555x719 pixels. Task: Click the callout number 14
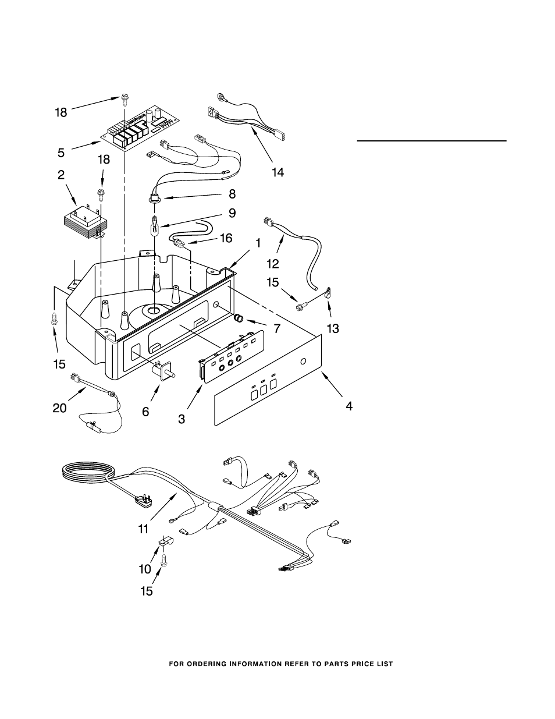(277, 172)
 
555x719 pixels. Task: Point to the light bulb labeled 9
(155, 226)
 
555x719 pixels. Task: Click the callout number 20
(59, 408)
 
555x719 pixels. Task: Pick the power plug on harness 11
(144, 501)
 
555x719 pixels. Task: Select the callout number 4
(349, 406)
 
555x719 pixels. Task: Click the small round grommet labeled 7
(239, 318)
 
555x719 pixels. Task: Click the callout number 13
(333, 328)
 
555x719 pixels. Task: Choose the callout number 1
(258, 243)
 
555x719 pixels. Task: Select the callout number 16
(226, 238)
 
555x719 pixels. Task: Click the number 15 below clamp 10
(147, 592)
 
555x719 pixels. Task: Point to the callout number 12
(273, 264)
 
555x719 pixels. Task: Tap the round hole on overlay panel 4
(303, 362)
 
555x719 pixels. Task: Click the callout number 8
(232, 194)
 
